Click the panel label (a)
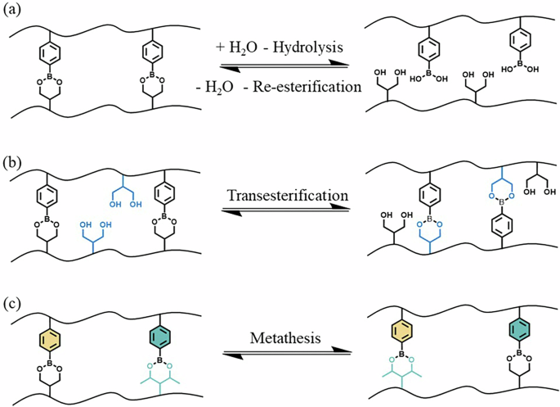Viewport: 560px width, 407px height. click(14, 11)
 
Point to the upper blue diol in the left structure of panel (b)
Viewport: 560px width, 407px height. click(122, 190)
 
